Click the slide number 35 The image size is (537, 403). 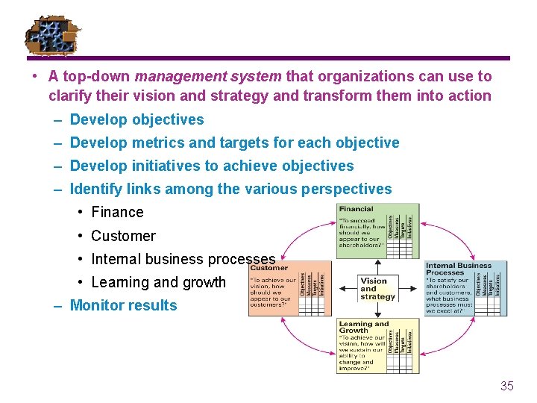pyautogui.click(x=507, y=386)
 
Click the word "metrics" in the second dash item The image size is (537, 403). pyautogui.click(x=157, y=143)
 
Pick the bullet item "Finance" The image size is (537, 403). pyautogui.click(x=117, y=212)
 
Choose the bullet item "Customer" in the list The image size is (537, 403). pyautogui.click(x=123, y=236)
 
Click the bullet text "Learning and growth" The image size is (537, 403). pyautogui.click(x=158, y=282)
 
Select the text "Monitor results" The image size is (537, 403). pyautogui.click(x=123, y=305)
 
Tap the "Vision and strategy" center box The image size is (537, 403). pyautogui.click(x=377, y=289)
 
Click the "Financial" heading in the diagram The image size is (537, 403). pyautogui.click(x=356, y=209)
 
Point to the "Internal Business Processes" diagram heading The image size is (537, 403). pyautogui.click(x=458, y=269)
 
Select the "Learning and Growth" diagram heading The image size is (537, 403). pyautogui.click(x=363, y=327)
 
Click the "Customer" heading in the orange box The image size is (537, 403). pyautogui.click(x=269, y=267)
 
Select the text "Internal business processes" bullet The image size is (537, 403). pyautogui.click(x=183, y=259)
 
